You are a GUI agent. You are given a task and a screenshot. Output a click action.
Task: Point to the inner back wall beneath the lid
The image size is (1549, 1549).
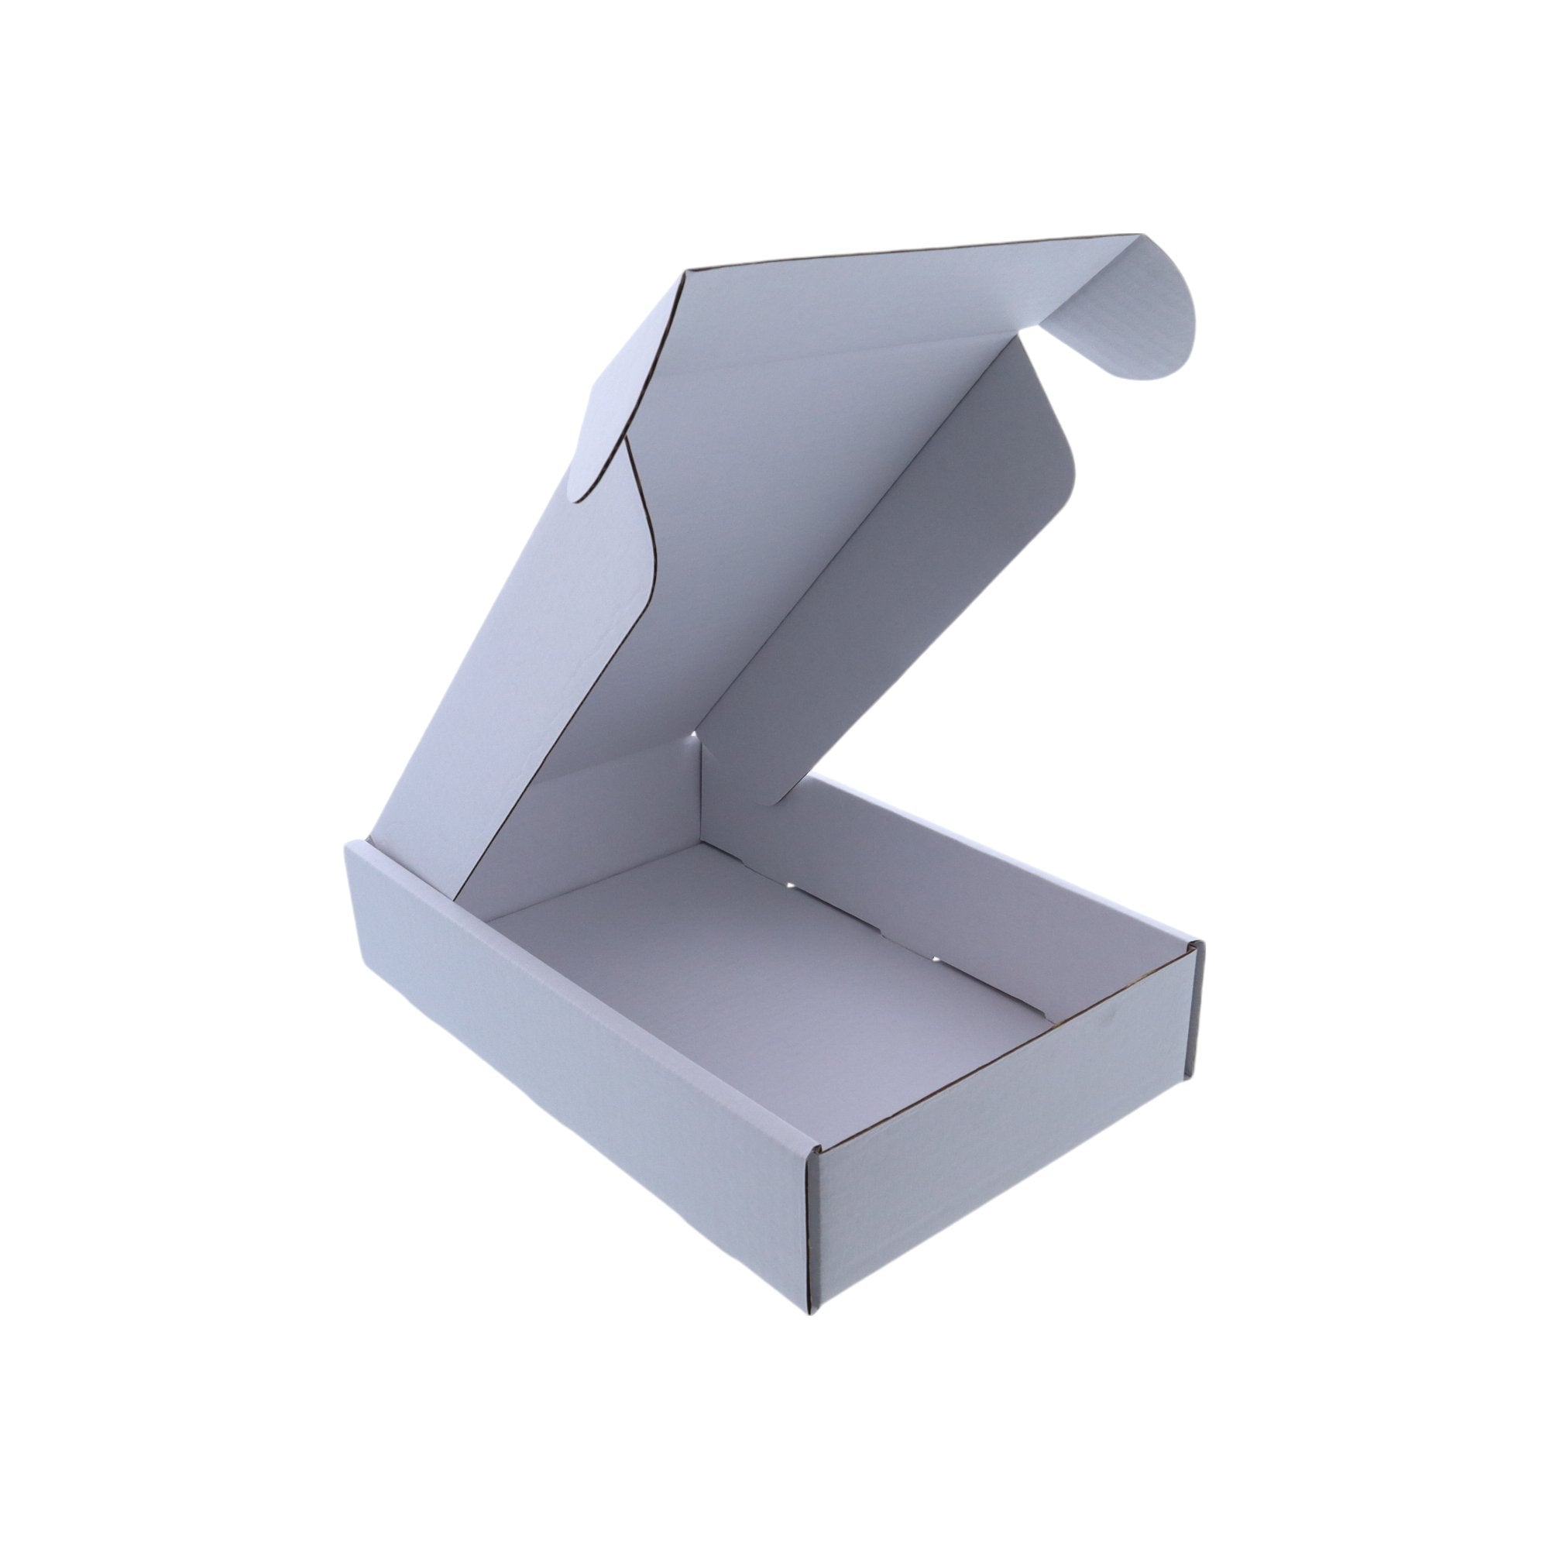(x=577, y=834)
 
